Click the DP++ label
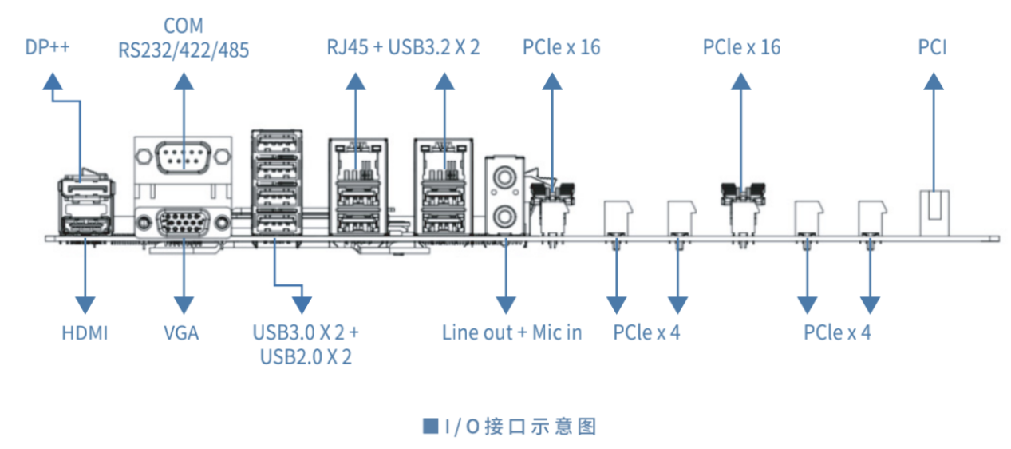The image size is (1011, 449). (x=47, y=47)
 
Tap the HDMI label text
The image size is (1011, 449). (x=85, y=333)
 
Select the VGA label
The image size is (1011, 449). (x=181, y=333)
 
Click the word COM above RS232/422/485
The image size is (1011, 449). (x=184, y=26)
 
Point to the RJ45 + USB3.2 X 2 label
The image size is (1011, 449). (x=403, y=47)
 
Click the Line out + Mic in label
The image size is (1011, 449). (x=511, y=333)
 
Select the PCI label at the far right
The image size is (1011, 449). (x=932, y=47)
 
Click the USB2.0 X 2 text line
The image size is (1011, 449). (x=306, y=357)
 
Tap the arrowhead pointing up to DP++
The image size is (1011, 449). (x=53, y=81)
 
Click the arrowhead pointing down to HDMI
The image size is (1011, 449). (x=85, y=305)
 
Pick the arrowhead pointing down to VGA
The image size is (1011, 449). (x=184, y=305)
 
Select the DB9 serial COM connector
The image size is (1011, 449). (x=183, y=157)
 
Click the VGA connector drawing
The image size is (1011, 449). (x=183, y=223)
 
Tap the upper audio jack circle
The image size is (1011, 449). (x=504, y=177)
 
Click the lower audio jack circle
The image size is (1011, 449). (x=504, y=217)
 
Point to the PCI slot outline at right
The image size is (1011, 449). (x=934, y=213)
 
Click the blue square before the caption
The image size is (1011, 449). (x=430, y=426)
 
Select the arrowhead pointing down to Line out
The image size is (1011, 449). (x=506, y=305)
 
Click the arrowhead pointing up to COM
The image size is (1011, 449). (x=184, y=81)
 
